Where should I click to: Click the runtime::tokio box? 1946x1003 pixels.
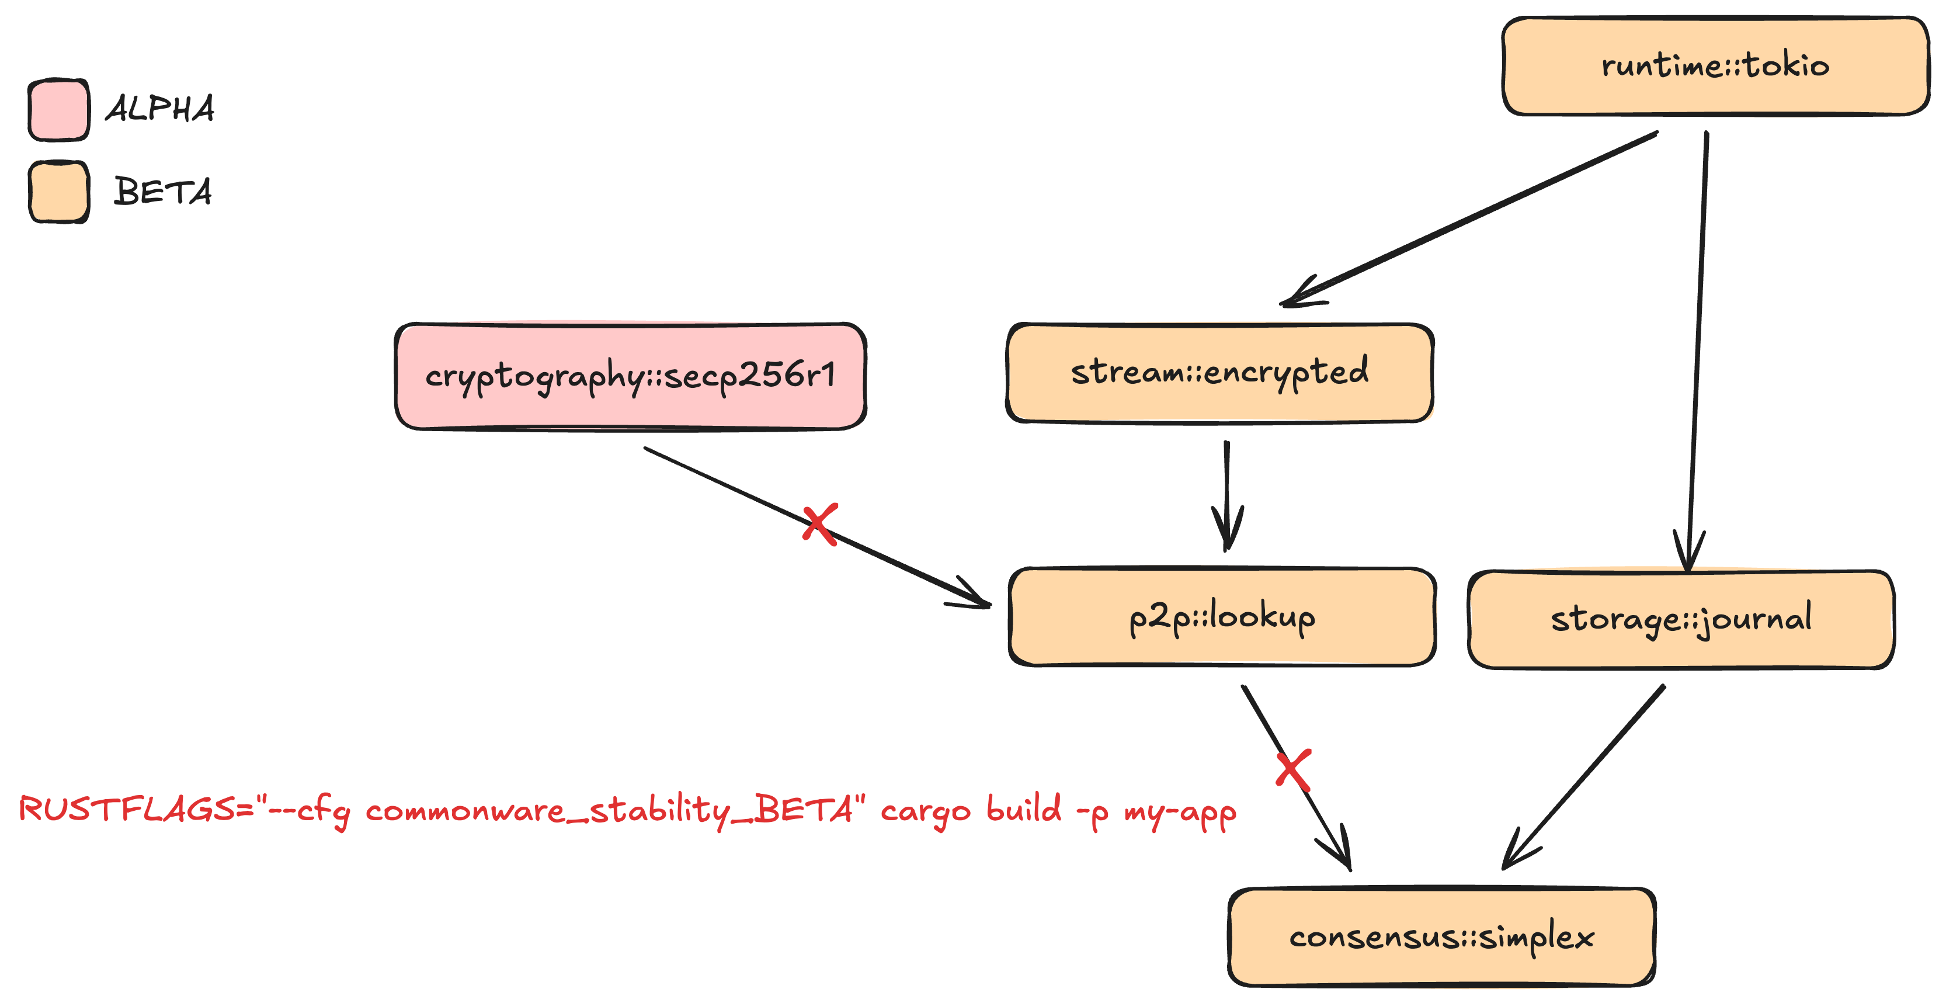pos(1715,67)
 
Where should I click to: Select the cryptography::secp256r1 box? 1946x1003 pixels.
pos(630,376)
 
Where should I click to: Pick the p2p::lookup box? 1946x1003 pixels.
pos(1222,617)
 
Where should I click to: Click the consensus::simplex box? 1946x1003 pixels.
pos(1441,937)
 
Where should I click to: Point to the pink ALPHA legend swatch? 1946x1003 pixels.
pos(59,110)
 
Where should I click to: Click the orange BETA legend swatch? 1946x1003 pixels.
pos(59,192)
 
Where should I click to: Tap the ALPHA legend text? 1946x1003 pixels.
pos(160,109)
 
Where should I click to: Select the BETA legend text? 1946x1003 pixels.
pos(162,191)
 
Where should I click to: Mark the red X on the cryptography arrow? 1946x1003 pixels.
pos(819,524)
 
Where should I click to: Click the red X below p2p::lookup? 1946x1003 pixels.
pos(1293,769)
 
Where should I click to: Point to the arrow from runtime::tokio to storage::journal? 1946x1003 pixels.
pos(1697,348)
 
